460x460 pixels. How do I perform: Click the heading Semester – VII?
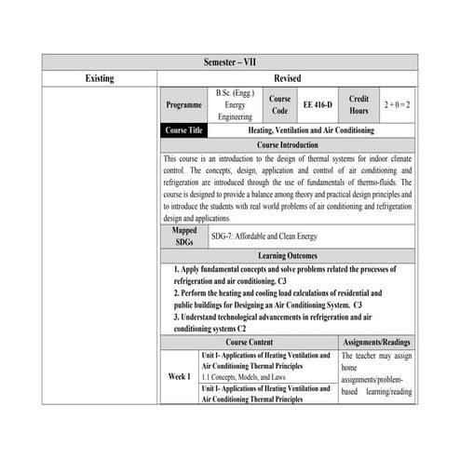point(229,61)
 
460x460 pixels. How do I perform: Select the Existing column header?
point(99,78)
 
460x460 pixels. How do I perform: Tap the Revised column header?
point(287,78)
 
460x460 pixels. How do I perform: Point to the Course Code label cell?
point(279,105)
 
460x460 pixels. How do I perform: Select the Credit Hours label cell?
point(359,105)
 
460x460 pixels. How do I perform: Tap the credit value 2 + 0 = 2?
point(397,105)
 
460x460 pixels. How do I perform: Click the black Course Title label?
point(183,130)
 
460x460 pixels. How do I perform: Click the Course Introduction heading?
point(287,145)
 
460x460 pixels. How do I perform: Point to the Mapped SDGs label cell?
point(184,236)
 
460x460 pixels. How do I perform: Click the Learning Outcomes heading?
point(287,254)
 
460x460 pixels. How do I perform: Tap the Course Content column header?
point(249,343)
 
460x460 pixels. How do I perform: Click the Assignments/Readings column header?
point(376,343)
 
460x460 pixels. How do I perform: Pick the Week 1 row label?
point(179,377)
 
